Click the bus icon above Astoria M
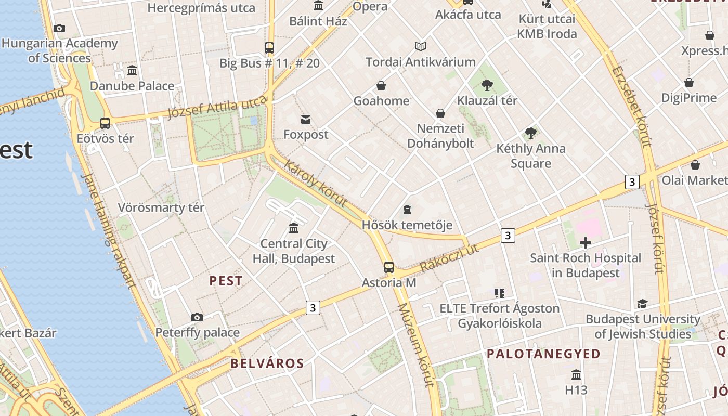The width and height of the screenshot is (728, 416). (x=389, y=267)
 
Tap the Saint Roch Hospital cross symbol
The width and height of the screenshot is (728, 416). (x=586, y=243)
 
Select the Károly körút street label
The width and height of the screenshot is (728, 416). (x=316, y=184)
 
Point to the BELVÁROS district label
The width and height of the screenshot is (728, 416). (x=267, y=363)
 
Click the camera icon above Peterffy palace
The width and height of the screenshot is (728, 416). (x=197, y=317)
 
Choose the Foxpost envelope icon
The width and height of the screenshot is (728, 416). (x=306, y=120)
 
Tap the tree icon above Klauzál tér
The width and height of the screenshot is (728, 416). (x=487, y=85)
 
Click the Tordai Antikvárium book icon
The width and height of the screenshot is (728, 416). (x=421, y=47)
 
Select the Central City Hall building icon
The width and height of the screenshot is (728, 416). (x=294, y=228)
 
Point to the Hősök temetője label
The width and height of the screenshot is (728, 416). (x=407, y=225)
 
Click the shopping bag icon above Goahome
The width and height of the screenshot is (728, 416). (x=381, y=86)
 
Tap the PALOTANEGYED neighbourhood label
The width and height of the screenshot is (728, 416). (x=543, y=354)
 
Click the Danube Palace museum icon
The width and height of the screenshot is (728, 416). (x=132, y=70)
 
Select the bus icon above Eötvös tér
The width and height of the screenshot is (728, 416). (x=105, y=123)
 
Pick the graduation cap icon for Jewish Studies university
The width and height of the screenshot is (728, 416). (x=643, y=304)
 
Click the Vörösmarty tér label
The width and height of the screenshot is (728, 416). (x=161, y=207)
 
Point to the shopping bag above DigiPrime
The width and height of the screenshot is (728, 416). (x=689, y=83)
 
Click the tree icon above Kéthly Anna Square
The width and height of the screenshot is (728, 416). (x=531, y=133)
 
